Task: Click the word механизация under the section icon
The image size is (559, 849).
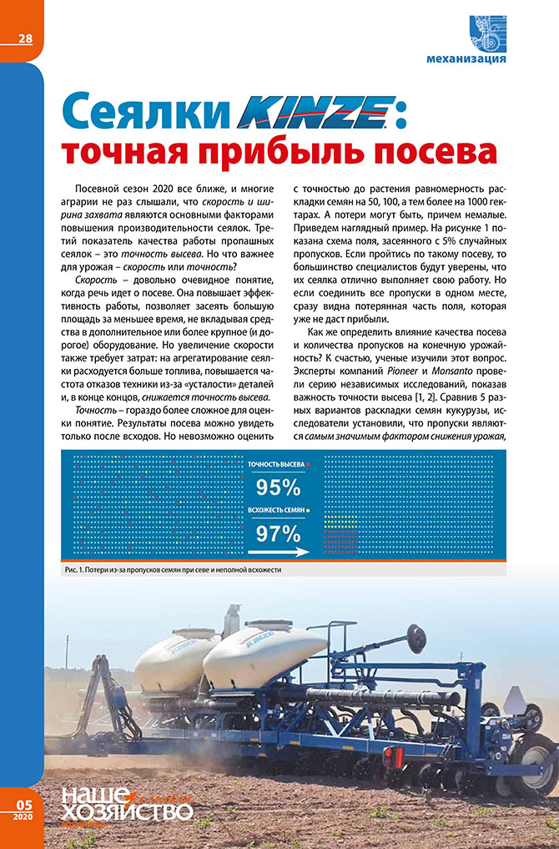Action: point(466,59)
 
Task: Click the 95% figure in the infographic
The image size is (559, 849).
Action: point(278,487)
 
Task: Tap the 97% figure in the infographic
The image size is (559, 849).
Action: point(278,532)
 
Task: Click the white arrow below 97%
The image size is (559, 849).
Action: point(274,551)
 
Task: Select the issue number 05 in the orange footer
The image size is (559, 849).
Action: point(23,802)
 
